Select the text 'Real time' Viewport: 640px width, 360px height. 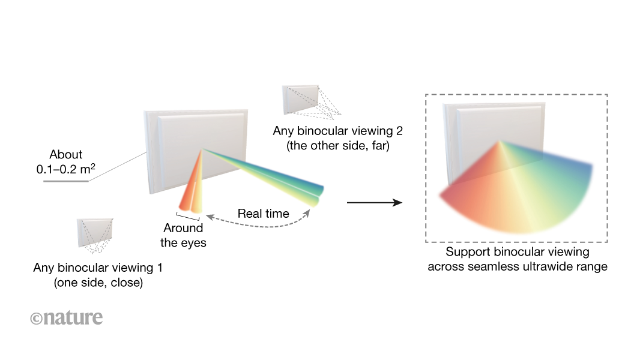click(x=263, y=214)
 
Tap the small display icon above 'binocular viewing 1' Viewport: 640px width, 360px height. click(x=95, y=233)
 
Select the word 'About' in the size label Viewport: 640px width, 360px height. click(x=66, y=155)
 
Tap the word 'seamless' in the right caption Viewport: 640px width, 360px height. click(x=485, y=266)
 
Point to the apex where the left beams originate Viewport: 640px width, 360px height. click(x=203, y=149)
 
